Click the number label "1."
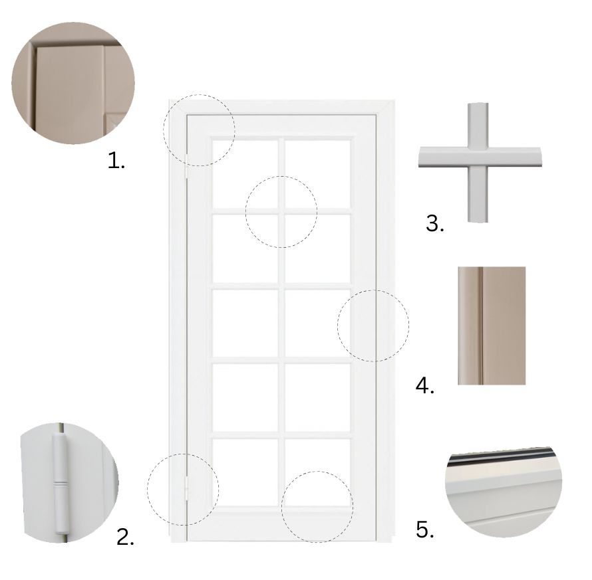pos(116,160)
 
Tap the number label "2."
pos(125,537)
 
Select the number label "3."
pos(435,223)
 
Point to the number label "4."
pos(425,386)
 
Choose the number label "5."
pos(425,530)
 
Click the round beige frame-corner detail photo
pos(73,84)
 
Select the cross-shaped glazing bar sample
pos(479,162)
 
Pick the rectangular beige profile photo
pos(492,326)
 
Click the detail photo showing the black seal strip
pos(504,492)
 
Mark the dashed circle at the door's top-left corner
pos(200,130)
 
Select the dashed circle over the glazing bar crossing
pos(281,212)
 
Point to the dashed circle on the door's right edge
pos(372,326)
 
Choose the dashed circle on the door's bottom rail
pos(317,507)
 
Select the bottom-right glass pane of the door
pos(317,470)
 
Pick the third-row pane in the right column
pos(317,322)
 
